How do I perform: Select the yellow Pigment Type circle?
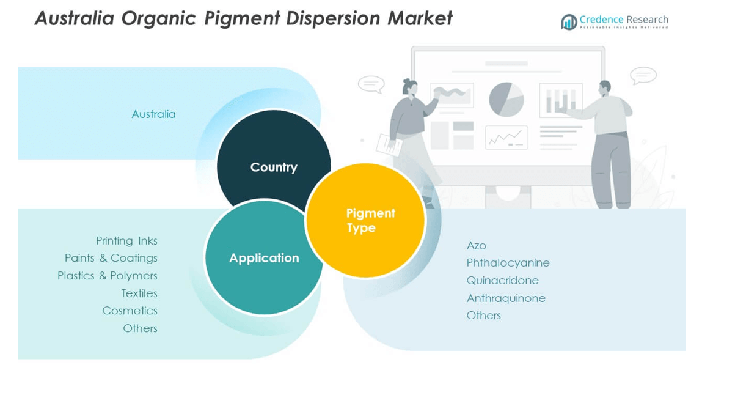pos(365,221)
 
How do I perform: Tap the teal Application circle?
pos(263,258)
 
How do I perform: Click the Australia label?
pos(153,114)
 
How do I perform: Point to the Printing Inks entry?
pos(126,241)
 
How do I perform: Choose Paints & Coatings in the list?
pos(111,258)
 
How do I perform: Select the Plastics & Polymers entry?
pos(108,276)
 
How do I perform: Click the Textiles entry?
pos(139,293)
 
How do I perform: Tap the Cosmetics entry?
pos(130,311)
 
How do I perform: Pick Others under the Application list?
pos(140,328)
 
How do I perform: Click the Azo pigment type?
pos(477,246)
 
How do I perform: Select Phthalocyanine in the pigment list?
pos(508,263)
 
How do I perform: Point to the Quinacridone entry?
pos(502,281)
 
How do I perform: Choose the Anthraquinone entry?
pos(506,298)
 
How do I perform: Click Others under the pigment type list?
pos(483,316)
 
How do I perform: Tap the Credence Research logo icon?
pos(569,22)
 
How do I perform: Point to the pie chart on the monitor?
pos(506,99)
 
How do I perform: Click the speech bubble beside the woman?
pos(371,84)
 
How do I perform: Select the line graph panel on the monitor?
pos(506,138)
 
